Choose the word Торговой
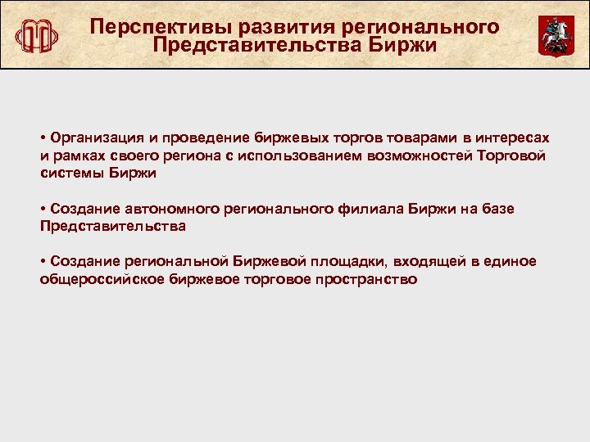(511, 155)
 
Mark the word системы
(69, 174)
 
